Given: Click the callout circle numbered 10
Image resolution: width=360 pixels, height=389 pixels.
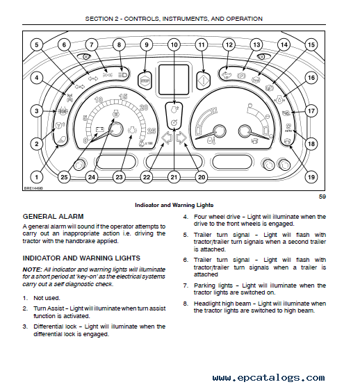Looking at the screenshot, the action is (x=174, y=44).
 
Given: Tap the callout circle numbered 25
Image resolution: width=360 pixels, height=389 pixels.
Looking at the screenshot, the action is (x=64, y=177).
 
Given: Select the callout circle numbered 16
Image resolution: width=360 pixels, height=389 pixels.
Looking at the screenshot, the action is (x=311, y=78).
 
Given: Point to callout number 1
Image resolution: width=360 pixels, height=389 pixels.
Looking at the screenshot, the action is (x=37, y=177).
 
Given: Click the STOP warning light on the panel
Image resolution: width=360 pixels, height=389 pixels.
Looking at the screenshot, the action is (x=145, y=81).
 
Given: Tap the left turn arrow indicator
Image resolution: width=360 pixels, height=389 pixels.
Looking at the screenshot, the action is (x=167, y=138).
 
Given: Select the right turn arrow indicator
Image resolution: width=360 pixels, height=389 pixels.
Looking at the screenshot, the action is (x=181, y=138).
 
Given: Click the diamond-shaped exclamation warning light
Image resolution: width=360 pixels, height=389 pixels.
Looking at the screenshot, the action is (x=204, y=81).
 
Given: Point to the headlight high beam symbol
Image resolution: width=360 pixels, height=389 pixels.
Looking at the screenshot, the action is (x=122, y=74).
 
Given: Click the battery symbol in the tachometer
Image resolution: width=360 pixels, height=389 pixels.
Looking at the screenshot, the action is (x=100, y=129).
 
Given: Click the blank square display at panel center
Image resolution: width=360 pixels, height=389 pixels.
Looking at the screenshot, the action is (x=174, y=80).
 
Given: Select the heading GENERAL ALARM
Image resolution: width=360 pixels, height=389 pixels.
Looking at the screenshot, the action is (x=53, y=216).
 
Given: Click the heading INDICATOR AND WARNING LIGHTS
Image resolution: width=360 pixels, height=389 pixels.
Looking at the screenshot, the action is (x=81, y=258).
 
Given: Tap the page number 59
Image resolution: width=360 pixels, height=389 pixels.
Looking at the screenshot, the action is (x=322, y=197).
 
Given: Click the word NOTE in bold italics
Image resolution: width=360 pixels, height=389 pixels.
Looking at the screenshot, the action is (x=33, y=270).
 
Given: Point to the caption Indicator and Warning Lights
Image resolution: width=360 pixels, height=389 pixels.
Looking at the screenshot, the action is (x=174, y=205).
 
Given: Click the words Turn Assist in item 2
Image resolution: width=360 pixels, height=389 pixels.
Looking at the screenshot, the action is (x=49, y=308).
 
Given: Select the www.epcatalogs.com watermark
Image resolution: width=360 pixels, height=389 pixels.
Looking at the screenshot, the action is (x=268, y=378).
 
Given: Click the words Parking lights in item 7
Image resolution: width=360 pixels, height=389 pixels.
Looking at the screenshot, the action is (x=213, y=285).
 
